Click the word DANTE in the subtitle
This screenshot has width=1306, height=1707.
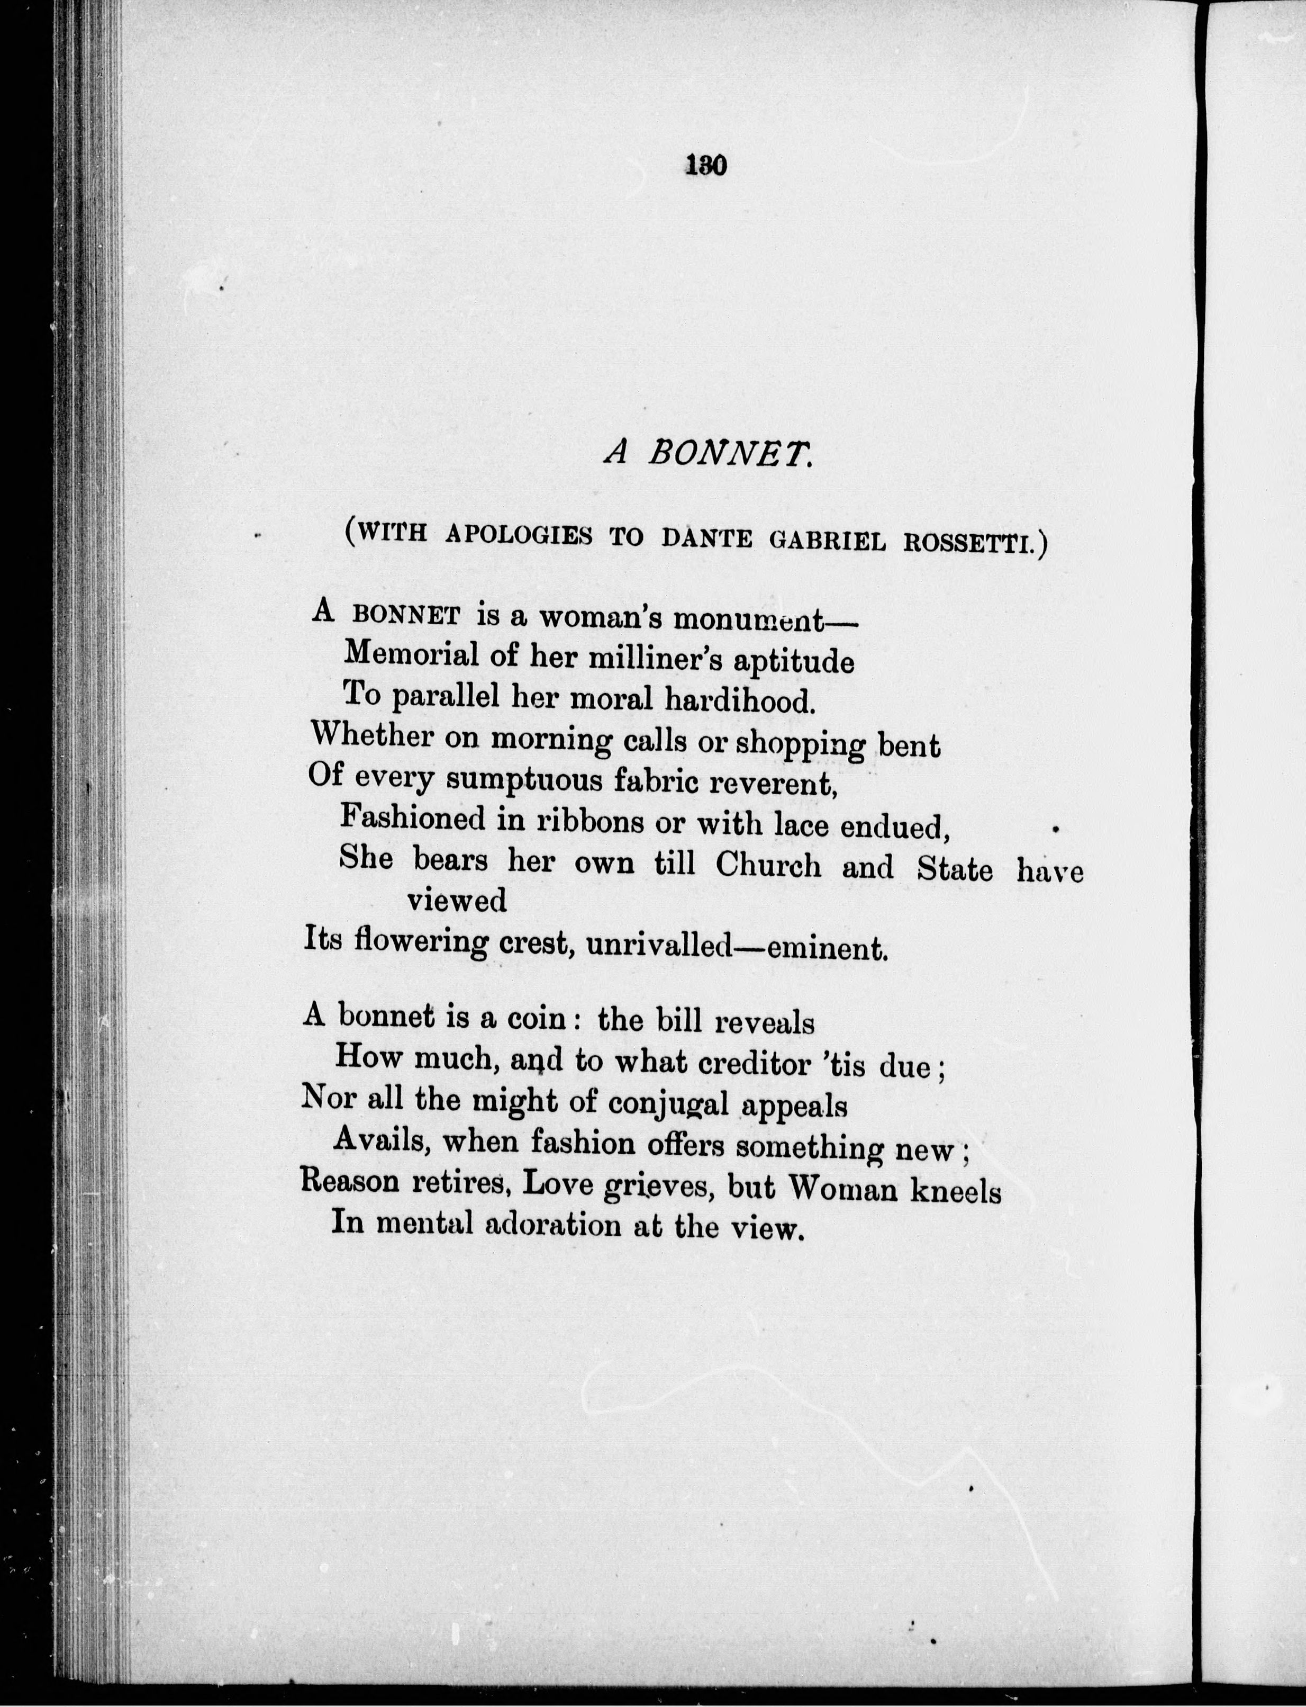click(706, 538)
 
